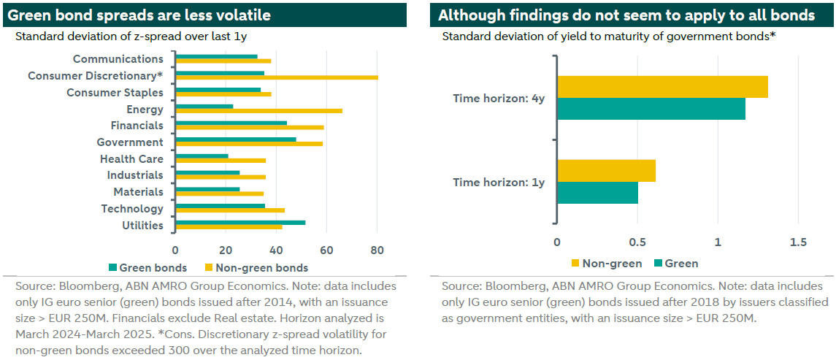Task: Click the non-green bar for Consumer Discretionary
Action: tap(277, 77)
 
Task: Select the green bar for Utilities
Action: tap(240, 222)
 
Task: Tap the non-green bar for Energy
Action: tap(258, 110)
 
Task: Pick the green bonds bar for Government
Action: tap(236, 139)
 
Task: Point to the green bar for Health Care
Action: tap(202, 156)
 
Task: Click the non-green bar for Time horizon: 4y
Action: tap(662, 87)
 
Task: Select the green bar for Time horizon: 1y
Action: tap(597, 192)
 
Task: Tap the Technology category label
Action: tap(132, 209)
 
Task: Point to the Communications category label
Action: tap(118, 59)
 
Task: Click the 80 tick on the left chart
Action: tap(377, 250)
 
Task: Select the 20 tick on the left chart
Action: tap(226, 250)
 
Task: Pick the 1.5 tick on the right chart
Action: tap(798, 242)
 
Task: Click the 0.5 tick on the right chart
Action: tap(637, 242)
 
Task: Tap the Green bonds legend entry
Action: tap(147, 267)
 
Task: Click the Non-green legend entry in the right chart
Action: tap(608, 263)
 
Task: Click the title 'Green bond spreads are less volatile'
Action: tap(138, 15)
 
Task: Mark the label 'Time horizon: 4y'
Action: tap(499, 98)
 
